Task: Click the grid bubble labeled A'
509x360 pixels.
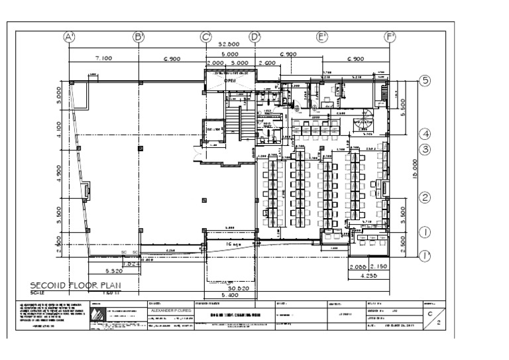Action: (69, 38)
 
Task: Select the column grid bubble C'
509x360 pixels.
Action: (205, 38)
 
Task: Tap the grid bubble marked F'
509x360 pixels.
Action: (390, 38)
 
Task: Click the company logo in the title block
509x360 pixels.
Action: (98, 318)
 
